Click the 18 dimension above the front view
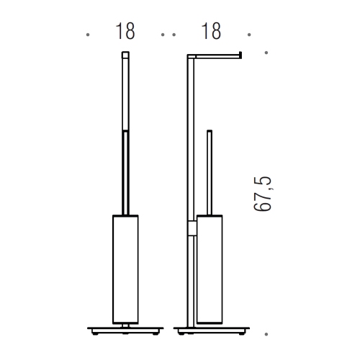point(125,32)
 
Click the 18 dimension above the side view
point(211,32)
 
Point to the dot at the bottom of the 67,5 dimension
point(267,334)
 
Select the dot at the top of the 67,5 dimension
point(267,53)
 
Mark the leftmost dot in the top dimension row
point(87,34)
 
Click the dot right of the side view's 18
point(248,34)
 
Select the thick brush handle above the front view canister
point(125,171)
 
